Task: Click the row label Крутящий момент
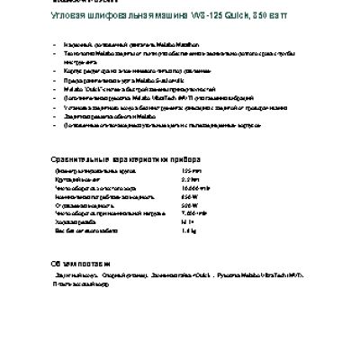(79, 179)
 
